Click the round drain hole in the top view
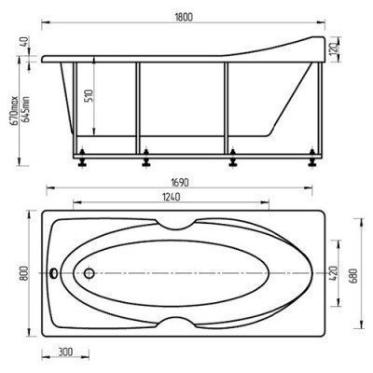pos(89,274)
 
